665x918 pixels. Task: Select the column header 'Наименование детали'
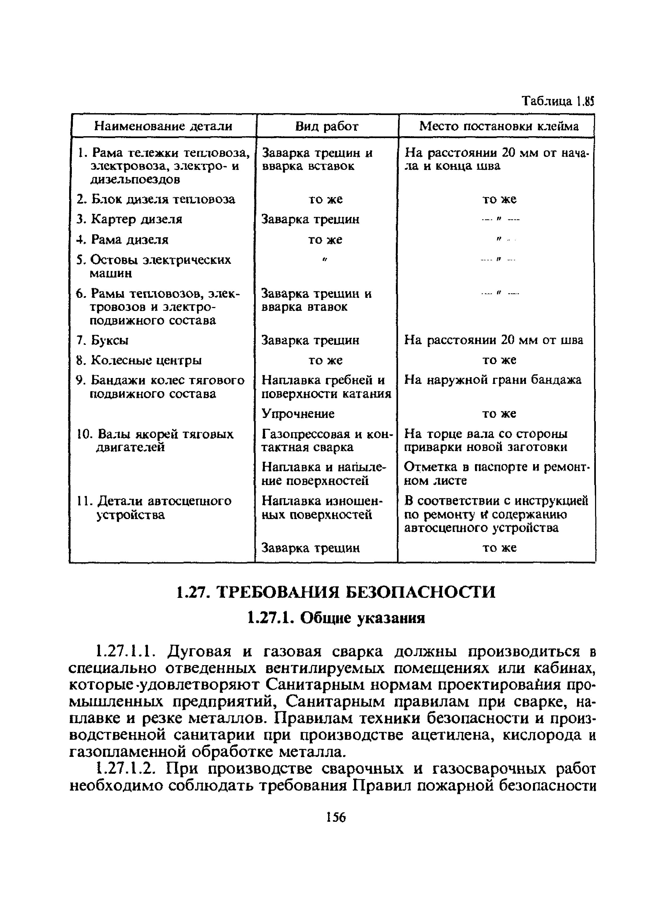[163, 126]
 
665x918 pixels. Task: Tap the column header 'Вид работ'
[327, 126]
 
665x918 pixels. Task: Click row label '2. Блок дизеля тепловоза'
[156, 199]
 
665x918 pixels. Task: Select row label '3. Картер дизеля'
[129, 219]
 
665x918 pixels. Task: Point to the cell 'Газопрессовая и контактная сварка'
[327, 441]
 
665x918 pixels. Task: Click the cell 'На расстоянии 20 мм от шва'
[494, 340]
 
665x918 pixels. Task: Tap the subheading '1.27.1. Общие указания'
[336, 618]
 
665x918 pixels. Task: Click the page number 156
[336, 818]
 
